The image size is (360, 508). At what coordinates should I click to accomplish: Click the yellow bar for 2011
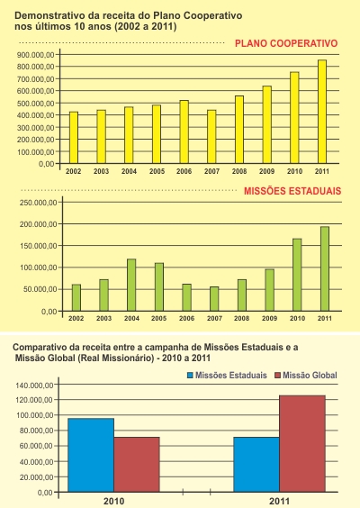click(x=322, y=112)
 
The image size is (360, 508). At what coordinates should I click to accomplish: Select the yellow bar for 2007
click(x=211, y=137)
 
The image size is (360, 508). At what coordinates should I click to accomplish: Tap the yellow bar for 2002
click(x=74, y=138)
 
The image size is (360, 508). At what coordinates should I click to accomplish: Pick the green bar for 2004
click(x=131, y=286)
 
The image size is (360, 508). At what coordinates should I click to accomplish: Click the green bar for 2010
click(x=297, y=275)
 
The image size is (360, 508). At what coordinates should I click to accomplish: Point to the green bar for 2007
click(x=214, y=299)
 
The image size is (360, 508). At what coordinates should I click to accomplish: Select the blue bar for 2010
click(x=91, y=455)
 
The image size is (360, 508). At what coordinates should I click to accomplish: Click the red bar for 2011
click(x=302, y=443)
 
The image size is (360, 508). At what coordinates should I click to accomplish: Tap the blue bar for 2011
click(x=256, y=465)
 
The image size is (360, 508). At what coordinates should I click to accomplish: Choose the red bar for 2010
click(x=137, y=465)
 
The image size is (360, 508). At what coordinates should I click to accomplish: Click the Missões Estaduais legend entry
click(x=228, y=376)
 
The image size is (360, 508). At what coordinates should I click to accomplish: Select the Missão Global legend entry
click(x=306, y=376)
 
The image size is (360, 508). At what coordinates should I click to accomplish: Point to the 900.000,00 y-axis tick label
click(x=36, y=55)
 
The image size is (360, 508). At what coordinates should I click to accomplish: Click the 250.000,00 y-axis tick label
click(x=39, y=203)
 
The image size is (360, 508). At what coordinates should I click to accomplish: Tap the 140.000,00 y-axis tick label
click(x=34, y=386)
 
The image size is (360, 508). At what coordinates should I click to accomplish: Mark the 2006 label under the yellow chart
click(x=184, y=171)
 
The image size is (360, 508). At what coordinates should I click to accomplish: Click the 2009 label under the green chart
click(x=270, y=319)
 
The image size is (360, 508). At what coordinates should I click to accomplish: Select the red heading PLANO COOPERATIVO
click(x=286, y=43)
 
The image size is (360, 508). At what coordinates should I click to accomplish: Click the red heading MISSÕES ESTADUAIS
click(x=292, y=191)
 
